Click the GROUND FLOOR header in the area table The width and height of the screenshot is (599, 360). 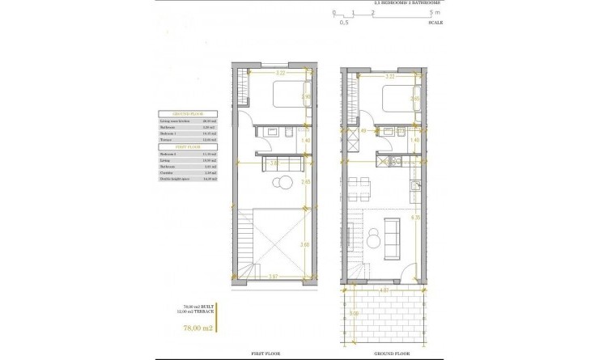coord(188,114)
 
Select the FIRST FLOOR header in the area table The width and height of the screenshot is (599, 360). coord(188,146)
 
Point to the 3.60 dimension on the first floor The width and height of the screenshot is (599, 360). coord(305,244)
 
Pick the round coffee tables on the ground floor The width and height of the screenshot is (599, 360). coord(374,239)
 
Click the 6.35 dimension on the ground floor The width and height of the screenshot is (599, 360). coord(415,217)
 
